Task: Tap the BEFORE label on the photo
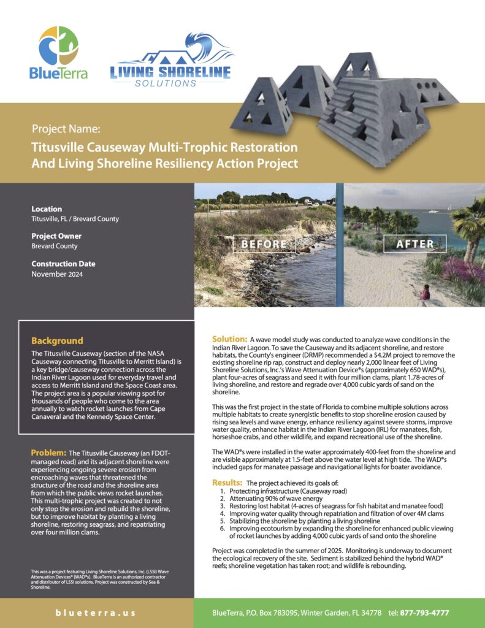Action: coord(264,243)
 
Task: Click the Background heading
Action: coord(57,340)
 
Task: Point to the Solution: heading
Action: coord(229,339)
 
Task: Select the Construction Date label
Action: coord(63,264)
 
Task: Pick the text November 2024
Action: coord(58,274)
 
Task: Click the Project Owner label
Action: coord(56,236)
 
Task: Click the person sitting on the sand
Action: coord(425,293)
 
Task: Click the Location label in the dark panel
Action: coord(47,209)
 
